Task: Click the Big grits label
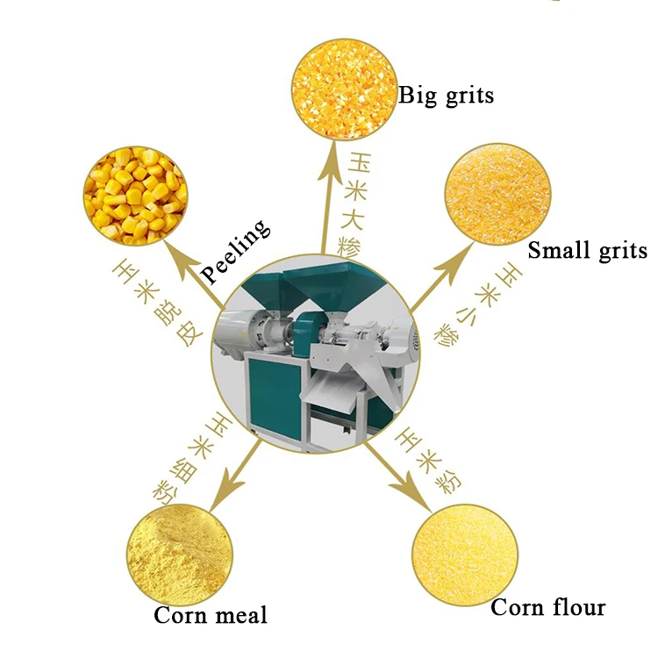[446, 95]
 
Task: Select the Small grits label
[587, 251]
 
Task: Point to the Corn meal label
[211, 615]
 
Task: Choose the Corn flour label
[547, 607]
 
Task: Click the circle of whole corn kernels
[135, 194]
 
